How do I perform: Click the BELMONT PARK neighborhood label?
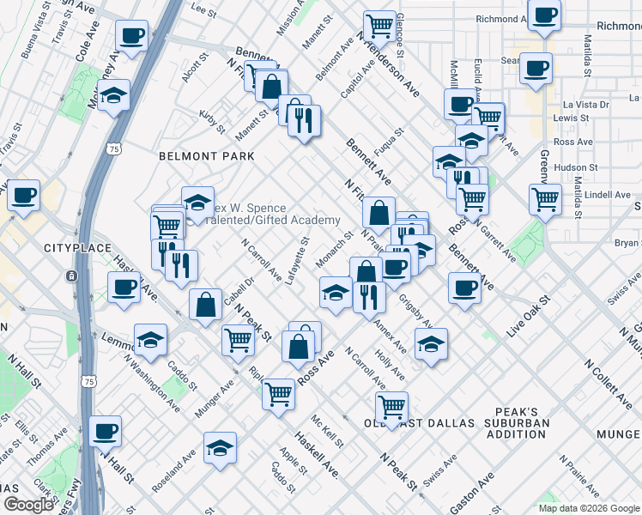(x=207, y=156)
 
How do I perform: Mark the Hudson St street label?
(x=575, y=167)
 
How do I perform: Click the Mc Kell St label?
(x=327, y=432)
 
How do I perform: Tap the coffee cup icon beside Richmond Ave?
(x=544, y=16)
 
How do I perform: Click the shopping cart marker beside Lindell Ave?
(x=545, y=199)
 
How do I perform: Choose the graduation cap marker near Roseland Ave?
(x=220, y=447)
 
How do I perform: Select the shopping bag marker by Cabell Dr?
(x=206, y=305)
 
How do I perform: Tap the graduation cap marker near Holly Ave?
(x=431, y=344)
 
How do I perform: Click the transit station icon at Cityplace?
(x=70, y=276)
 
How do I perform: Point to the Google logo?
(x=27, y=505)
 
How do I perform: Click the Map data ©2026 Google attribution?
(x=588, y=507)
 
